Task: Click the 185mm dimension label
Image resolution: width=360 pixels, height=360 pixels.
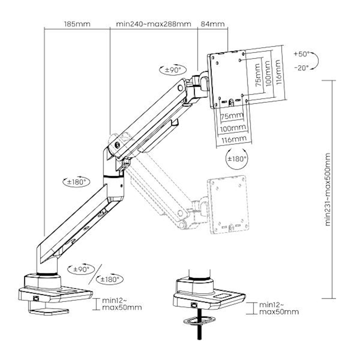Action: [x=77, y=24]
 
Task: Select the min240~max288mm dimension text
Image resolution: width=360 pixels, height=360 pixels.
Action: [x=154, y=24]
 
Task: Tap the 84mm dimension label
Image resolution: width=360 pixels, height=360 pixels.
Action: [x=212, y=24]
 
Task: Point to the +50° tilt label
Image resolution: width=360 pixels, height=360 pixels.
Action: [x=301, y=54]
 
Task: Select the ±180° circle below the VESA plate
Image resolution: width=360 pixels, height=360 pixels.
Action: [x=237, y=159]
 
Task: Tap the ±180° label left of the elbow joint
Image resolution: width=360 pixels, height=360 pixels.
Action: [x=76, y=182]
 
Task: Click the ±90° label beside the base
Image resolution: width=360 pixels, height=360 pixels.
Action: [x=81, y=269]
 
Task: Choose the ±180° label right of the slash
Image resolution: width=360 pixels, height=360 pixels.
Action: [x=110, y=279]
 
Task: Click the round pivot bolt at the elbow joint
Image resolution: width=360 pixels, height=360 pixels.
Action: [x=117, y=144]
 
